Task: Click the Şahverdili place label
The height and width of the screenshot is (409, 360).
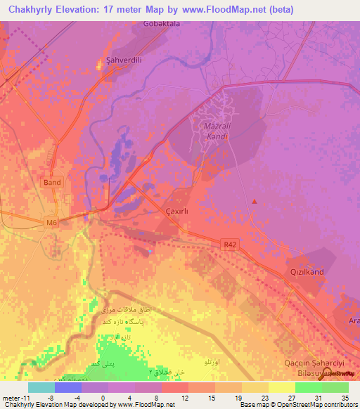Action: [123, 60]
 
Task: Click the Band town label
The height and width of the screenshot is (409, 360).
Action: [52, 182]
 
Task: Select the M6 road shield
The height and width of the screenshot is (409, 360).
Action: [51, 223]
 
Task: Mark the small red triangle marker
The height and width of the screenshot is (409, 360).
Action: [255, 202]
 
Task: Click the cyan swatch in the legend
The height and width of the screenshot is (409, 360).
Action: [41, 387]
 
